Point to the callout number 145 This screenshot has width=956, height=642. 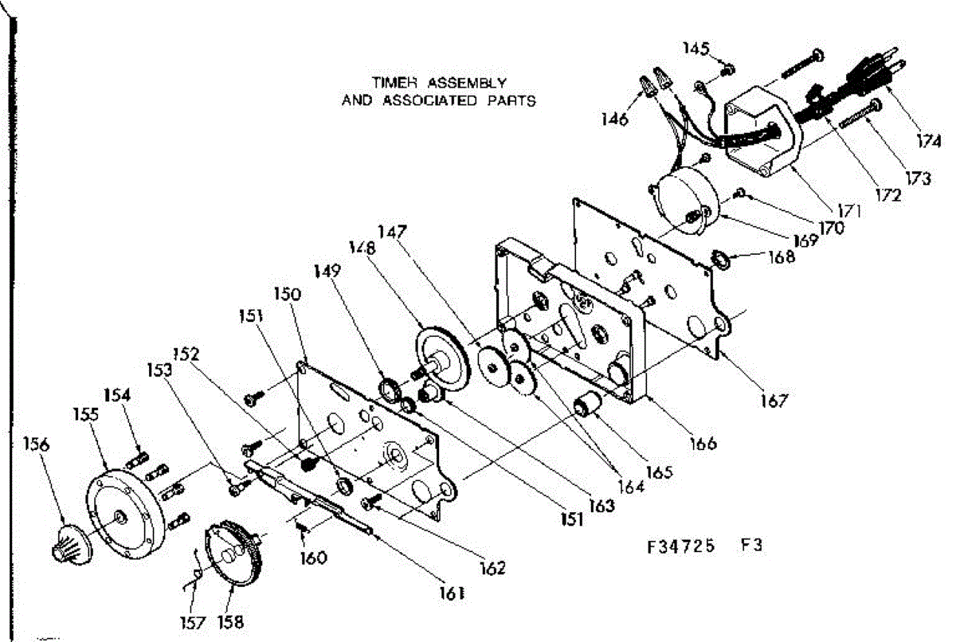coord(695,49)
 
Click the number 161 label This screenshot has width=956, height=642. coord(451,593)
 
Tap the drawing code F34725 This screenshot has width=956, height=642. coord(680,547)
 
